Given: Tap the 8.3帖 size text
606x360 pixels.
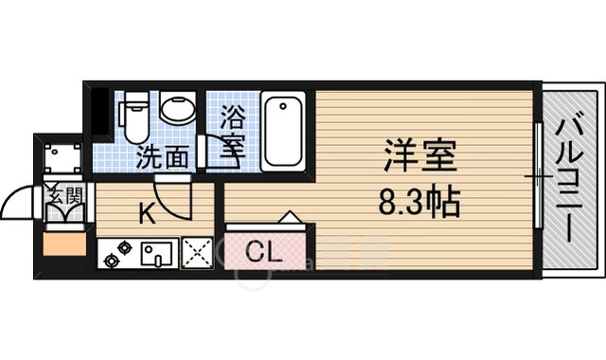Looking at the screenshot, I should [x=421, y=201].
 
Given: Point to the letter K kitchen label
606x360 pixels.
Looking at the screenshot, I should [x=148, y=214].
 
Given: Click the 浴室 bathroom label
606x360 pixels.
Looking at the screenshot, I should [x=233, y=133].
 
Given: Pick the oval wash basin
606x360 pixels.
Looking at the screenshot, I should [x=176, y=108].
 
